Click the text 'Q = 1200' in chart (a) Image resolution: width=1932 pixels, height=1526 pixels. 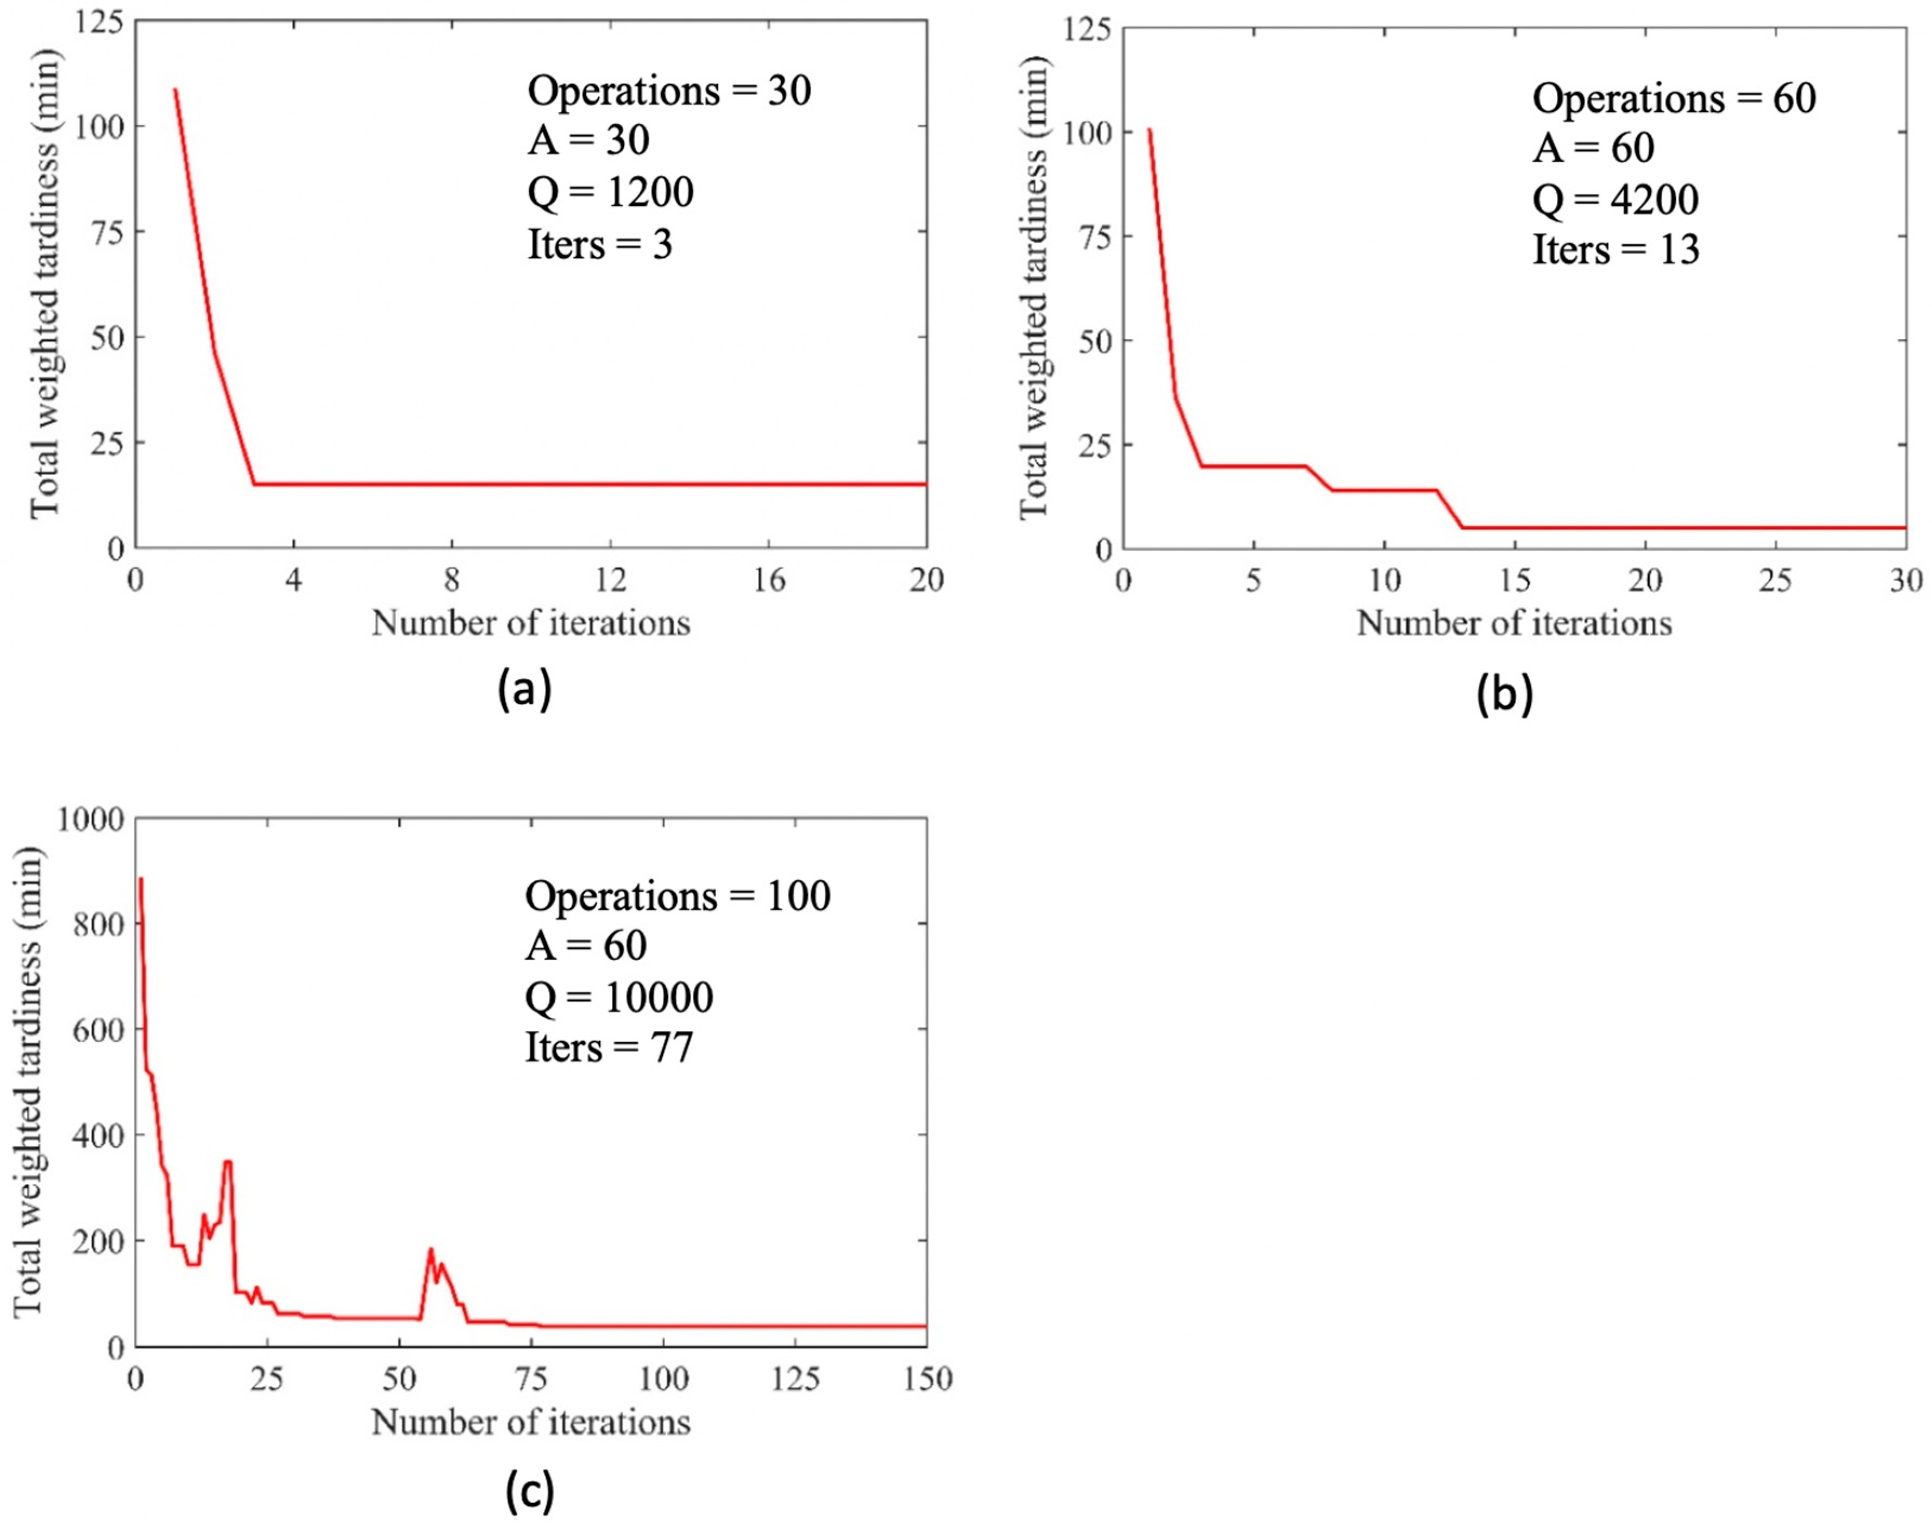coord(610,192)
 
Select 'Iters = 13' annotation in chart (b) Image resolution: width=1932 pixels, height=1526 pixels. coord(1616,249)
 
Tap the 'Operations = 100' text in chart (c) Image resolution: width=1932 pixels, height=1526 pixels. coord(677,896)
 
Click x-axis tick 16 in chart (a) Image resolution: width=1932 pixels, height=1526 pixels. coord(769,581)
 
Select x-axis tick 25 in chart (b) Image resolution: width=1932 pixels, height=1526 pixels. coord(1775,581)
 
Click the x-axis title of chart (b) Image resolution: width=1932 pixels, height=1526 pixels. coord(1514,623)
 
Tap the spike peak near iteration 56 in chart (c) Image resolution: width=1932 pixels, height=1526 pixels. coord(431,1249)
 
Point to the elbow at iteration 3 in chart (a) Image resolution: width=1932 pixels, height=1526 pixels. coord(255,484)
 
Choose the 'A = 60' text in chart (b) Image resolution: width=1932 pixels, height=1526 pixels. coord(1593,148)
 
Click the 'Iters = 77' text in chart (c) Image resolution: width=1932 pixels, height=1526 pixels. coord(609,1047)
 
